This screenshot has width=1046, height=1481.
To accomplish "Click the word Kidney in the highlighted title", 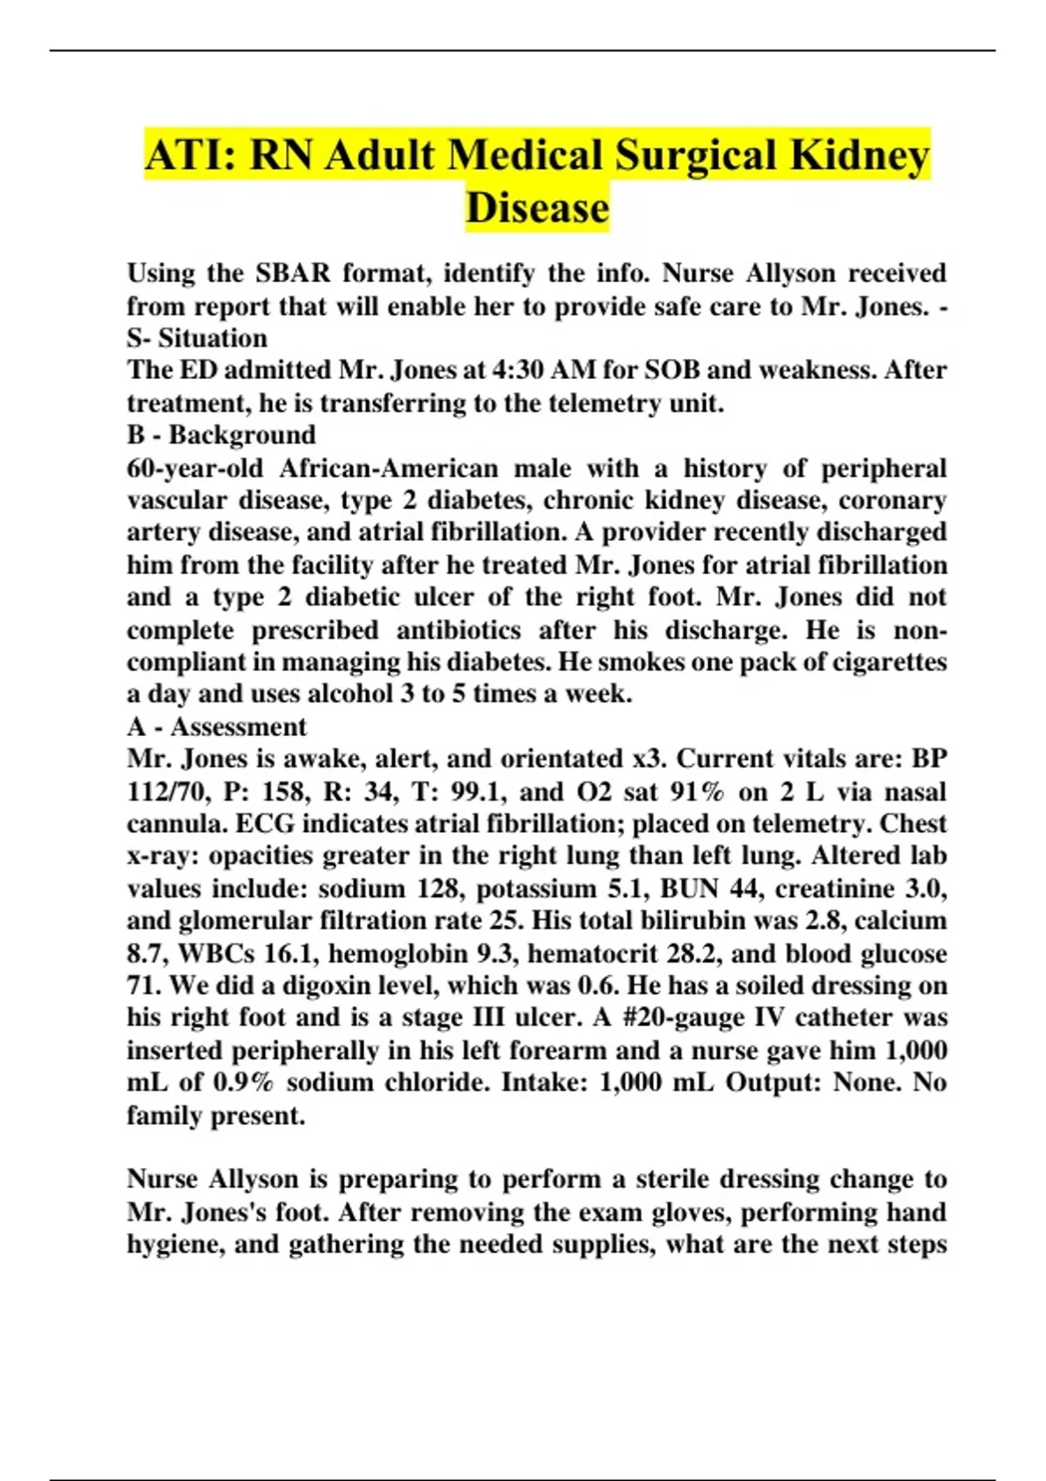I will click(x=859, y=156).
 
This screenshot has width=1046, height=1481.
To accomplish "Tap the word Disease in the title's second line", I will click(x=537, y=208).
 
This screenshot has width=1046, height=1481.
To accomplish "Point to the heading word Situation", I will click(x=213, y=338).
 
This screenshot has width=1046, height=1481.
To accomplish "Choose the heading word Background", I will click(x=242, y=435).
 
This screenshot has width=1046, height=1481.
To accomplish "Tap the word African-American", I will click(x=389, y=469).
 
